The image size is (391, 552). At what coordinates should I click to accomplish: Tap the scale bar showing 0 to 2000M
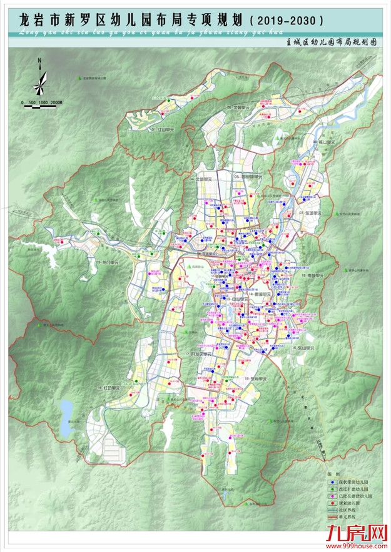click(x=41, y=104)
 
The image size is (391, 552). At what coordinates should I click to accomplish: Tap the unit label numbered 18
click(x=256, y=379)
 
